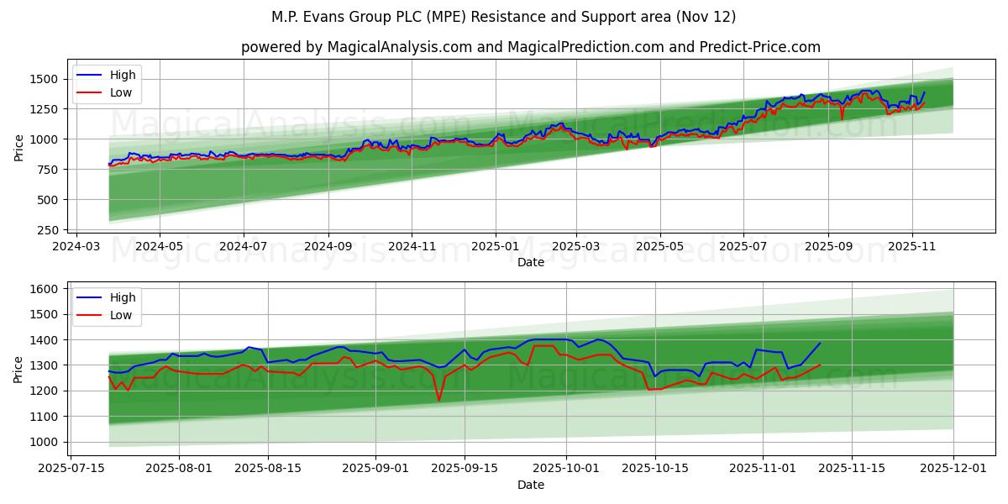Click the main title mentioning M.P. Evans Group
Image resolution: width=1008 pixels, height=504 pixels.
pos(504,17)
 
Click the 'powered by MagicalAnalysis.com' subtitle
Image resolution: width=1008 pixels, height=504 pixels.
pos(530,47)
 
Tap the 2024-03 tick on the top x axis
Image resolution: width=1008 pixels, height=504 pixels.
pos(77,247)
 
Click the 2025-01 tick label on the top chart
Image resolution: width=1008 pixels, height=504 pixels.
pos(495,247)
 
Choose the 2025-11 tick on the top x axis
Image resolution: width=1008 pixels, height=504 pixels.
pos(912,247)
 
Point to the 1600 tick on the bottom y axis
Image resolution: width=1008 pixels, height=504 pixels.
pos(43,289)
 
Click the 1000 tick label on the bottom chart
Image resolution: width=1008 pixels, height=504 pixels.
pos(43,442)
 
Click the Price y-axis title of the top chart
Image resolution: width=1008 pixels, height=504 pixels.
pos(18,148)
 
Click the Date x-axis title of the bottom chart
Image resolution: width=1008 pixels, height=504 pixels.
pos(530,485)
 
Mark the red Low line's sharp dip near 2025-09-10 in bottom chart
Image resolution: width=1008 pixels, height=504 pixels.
pos(438,400)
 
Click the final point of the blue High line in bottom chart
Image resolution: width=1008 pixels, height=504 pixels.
pos(820,343)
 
